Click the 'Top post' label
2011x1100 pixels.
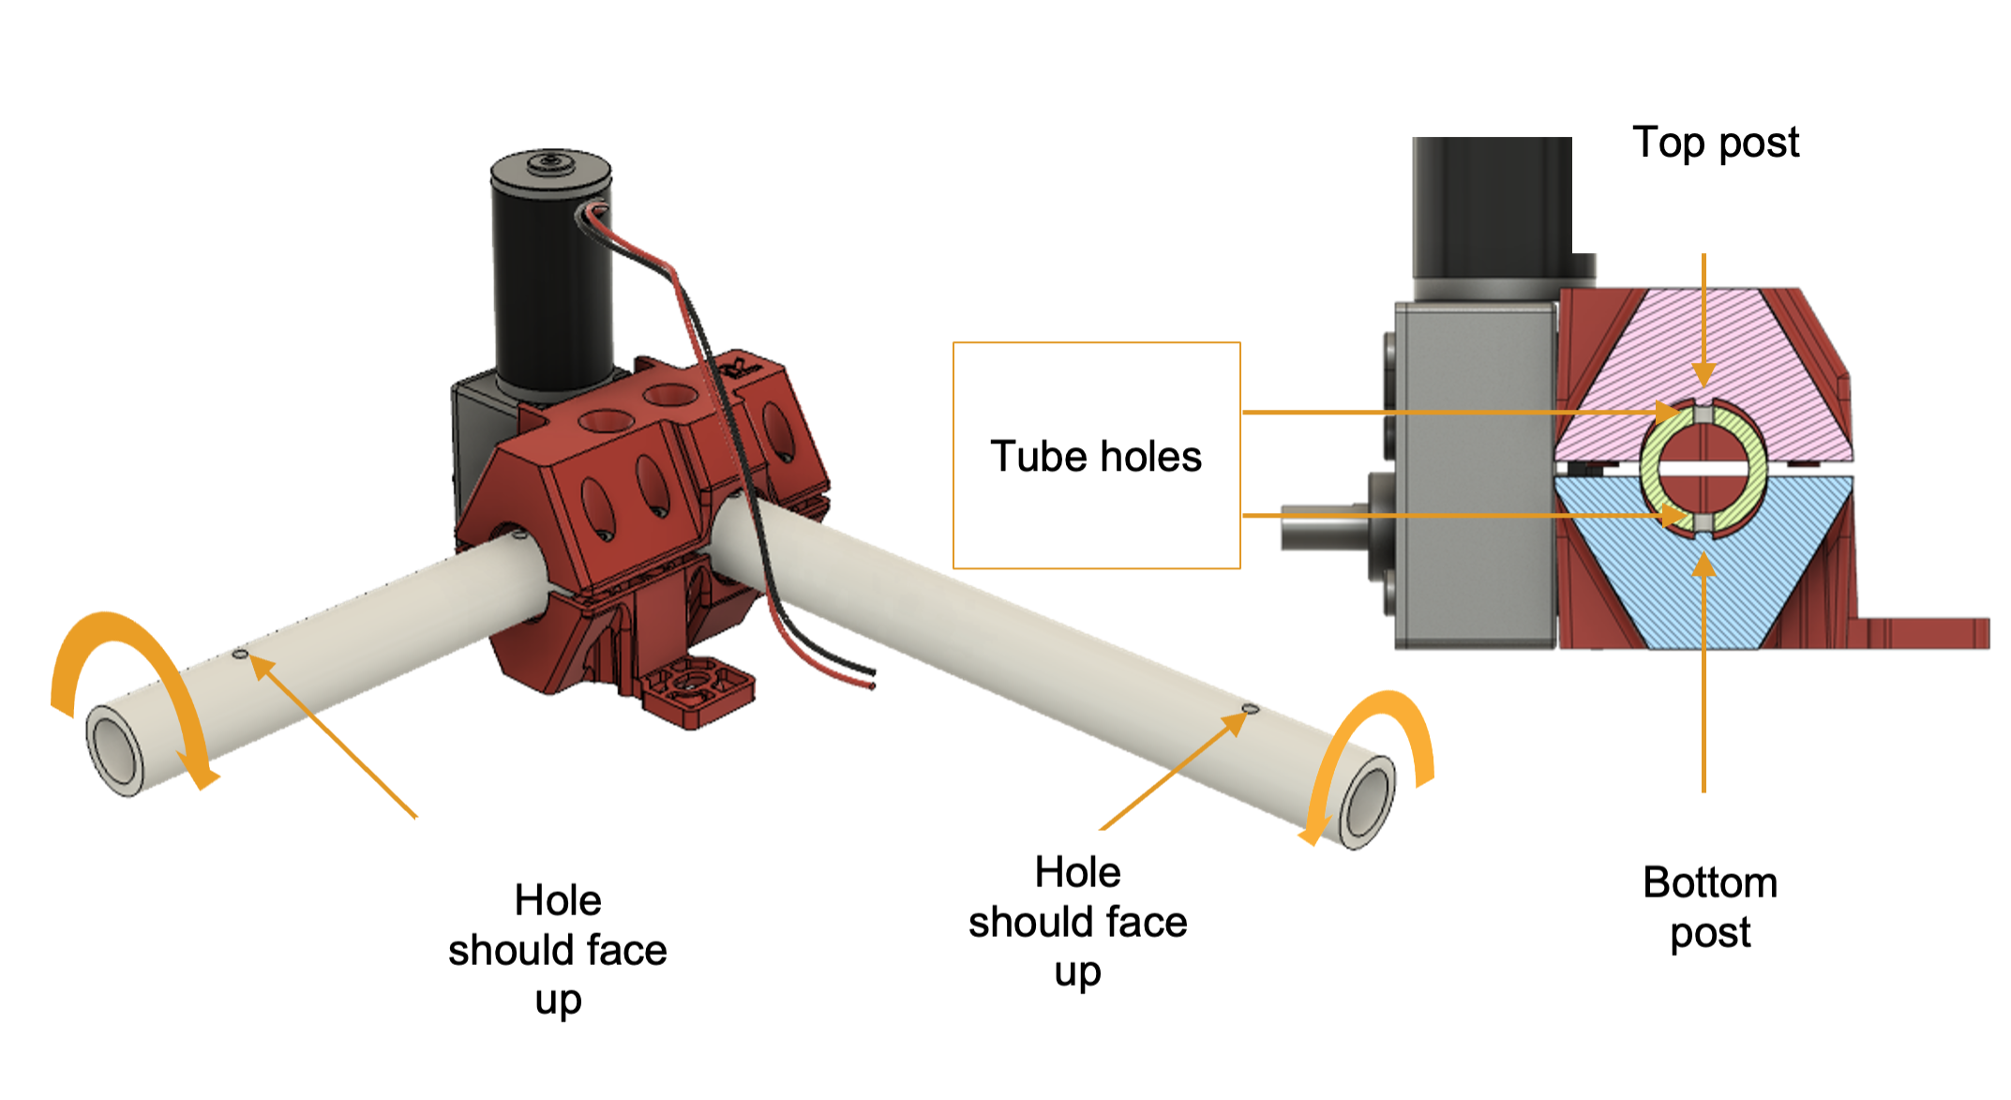(x=1715, y=143)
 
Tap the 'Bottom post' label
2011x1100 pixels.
(x=1710, y=907)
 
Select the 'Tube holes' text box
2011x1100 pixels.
(x=1096, y=456)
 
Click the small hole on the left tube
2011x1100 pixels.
(x=240, y=654)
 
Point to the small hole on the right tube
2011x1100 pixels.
(x=1249, y=709)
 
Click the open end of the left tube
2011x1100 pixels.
(x=114, y=750)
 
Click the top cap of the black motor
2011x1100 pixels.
(x=551, y=166)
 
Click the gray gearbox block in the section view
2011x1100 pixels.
(x=1472, y=469)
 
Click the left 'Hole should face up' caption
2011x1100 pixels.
(x=557, y=949)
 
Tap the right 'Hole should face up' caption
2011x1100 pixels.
(x=1077, y=921)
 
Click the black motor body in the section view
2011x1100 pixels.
(x=1491, y=206)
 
